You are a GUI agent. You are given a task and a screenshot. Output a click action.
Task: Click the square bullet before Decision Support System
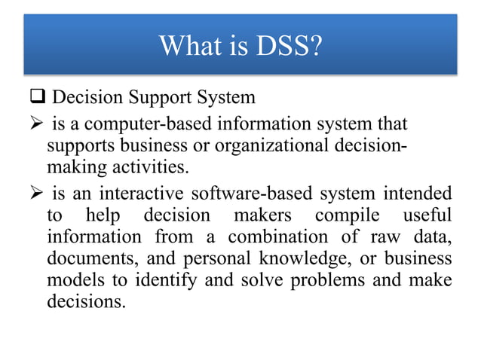[38, 98]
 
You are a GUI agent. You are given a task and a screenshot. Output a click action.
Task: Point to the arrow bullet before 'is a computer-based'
[37, 124]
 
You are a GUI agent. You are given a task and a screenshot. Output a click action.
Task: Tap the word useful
[427, 215]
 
